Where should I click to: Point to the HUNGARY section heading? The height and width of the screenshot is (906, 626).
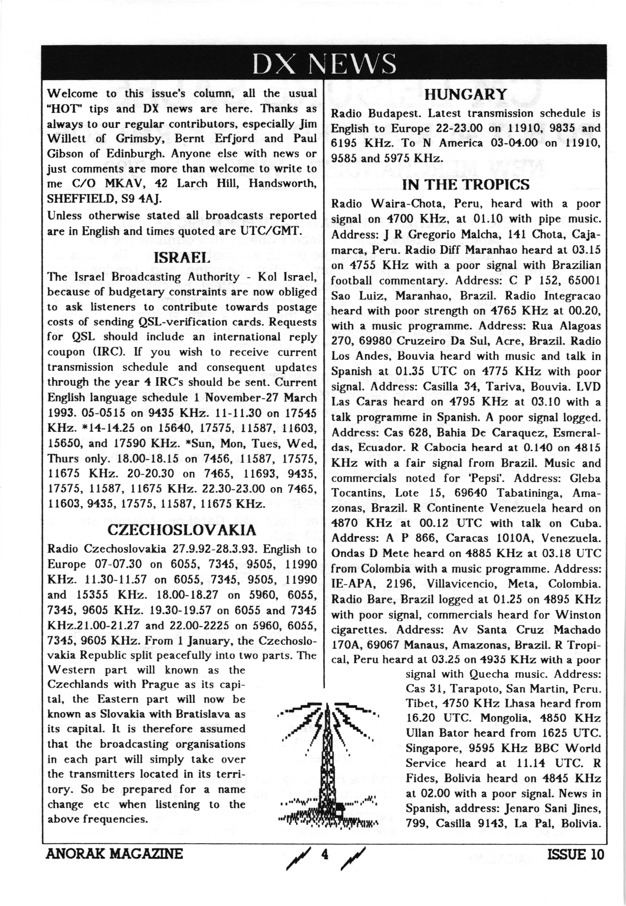click(466, 95)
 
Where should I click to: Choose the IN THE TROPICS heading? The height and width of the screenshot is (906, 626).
click(466, 184)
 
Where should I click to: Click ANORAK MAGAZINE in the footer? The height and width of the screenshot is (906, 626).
click(114, 854)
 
